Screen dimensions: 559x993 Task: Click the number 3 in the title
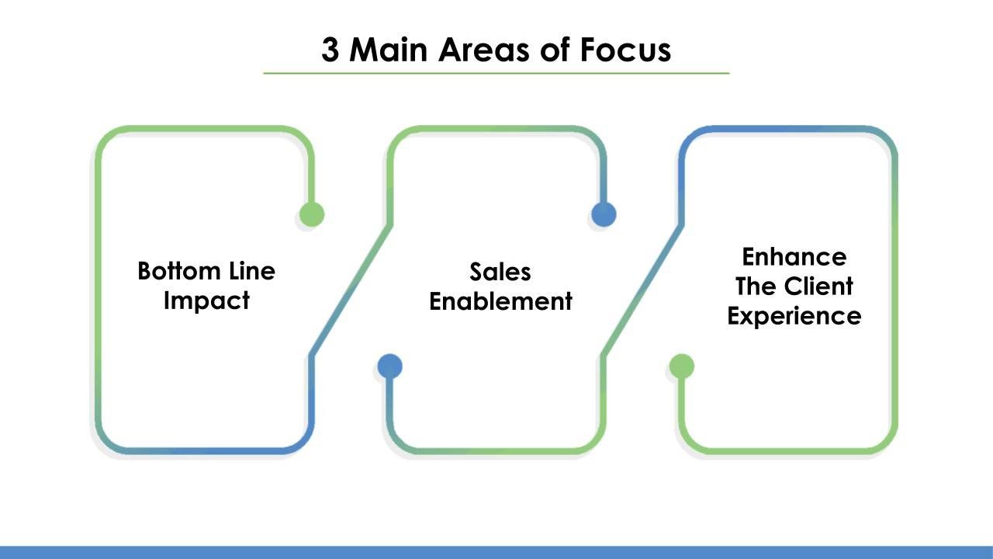(x=330, y=50)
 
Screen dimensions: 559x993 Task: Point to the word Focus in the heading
(x=625, y=50)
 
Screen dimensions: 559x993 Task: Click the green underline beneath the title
(x=496, y=73)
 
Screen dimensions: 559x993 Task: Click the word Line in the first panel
(x=252, y=271)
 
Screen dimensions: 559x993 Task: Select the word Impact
(x=206, y=300)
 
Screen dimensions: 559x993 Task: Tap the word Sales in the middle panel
(x=500, y=272)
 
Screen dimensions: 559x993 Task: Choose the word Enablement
(x=500, y=301)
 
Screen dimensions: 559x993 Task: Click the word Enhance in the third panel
(x=794, y=257)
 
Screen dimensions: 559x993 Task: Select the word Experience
(x=794, y=317)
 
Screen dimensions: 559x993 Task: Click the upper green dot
(x=311, y=214)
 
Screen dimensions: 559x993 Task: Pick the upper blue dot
(x=604, y=214)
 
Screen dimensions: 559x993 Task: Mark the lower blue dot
(x=389, y=366)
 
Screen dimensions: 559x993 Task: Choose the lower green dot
(x=682, y=366)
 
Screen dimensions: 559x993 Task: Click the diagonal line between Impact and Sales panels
(x=350, y=290)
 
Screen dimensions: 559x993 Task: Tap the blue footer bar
(x=496, y=552)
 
